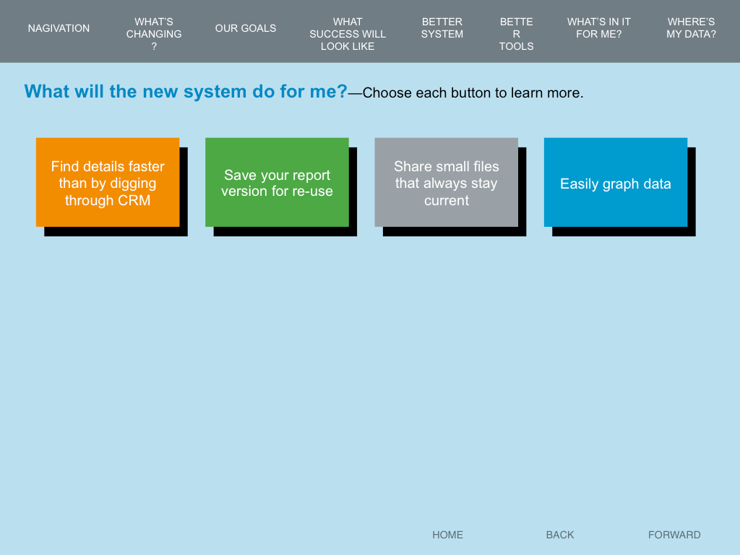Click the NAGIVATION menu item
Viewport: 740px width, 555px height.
tap(59, 28)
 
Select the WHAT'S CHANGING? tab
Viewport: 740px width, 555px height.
tap(154, 34)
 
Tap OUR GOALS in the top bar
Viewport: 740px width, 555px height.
tap(246, 28)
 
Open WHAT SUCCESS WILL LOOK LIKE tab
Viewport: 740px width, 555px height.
tap(348, 34)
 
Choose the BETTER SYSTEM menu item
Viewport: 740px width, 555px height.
tap(442, 28)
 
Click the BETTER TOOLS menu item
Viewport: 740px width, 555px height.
tap(516, 34)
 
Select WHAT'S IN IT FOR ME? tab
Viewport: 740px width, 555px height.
tap(599, 28)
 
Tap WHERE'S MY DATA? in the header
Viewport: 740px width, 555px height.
tap(691, 28)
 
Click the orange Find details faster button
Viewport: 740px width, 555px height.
tap(108, 182)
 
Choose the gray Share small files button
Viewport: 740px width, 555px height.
tap(446, 182)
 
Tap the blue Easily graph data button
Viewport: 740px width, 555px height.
tap(616, 182)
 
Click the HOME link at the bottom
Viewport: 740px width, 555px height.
tap(447, 535)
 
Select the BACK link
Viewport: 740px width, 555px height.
tap(560, 535)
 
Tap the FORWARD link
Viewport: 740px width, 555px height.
tap(674, 535)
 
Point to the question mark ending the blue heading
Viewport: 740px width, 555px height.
tap(342, 91)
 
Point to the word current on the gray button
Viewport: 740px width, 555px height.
tap(447, 201)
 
